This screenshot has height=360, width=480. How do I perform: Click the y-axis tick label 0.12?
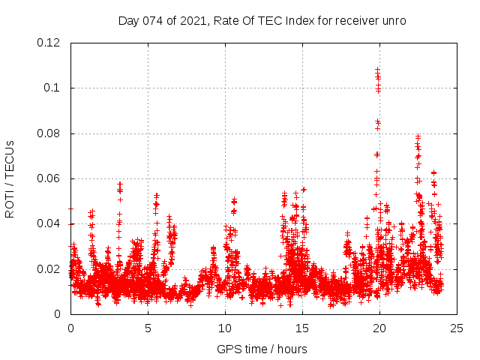pos(49,43)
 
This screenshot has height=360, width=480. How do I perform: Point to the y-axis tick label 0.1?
pos(54,88)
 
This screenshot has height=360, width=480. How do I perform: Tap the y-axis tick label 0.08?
pos(49,133)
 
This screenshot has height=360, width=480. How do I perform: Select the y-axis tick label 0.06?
pos(49,178)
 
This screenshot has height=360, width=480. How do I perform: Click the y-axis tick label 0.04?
pos(49,224)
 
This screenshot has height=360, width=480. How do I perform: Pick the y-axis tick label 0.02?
pos(49,269)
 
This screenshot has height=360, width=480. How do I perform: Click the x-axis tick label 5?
pos(148,328)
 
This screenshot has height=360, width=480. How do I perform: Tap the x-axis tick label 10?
pos(225,328)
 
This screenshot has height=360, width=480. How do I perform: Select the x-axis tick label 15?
pos(302,328)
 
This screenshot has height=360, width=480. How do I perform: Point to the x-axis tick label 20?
pos(379,328)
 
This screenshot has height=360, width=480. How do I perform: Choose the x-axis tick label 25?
pos(457,328)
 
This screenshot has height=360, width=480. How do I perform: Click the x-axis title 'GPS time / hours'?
pos(262,349)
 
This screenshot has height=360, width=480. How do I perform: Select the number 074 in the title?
pos(154,20)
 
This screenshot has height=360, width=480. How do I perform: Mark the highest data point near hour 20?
pos(377,69)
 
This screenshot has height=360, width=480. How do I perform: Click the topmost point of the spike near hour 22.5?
pos(418,136)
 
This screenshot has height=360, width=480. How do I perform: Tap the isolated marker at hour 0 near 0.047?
pos(70,208)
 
